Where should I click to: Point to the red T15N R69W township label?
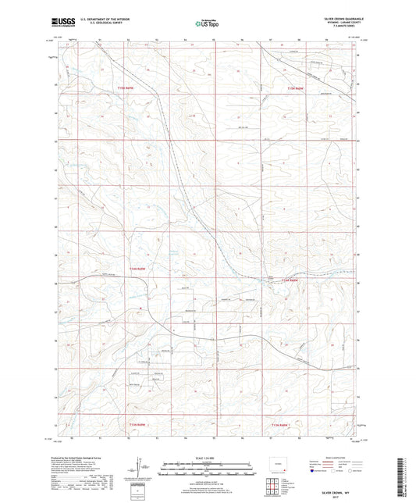coord(127,90)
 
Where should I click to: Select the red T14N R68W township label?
coord(290,280)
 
